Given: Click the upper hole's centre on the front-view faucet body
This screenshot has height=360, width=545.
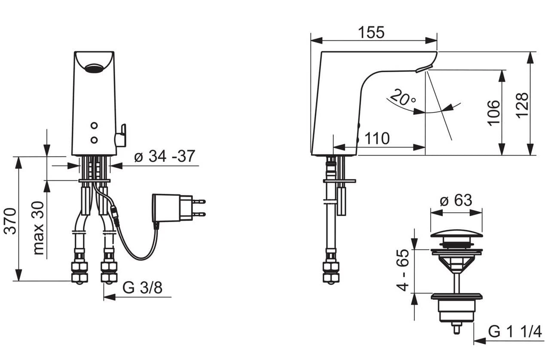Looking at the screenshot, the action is [x=94, y=125].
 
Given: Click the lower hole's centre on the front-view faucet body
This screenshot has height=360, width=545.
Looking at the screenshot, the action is [x=94, y=140].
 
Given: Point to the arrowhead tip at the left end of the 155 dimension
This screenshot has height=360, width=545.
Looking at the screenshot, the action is [x=311, y=40].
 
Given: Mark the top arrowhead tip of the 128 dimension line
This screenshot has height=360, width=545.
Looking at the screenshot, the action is [x=530, y=52].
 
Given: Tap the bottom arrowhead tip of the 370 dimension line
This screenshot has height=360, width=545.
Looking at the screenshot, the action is [x=18, y=281].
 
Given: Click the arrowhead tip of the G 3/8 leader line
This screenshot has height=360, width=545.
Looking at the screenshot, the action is [x=104, y=297].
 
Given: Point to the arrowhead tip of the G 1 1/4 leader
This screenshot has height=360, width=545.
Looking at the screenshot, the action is [x=474, y=341].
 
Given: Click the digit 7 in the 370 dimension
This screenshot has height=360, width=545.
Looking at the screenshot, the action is [x=10, y=221].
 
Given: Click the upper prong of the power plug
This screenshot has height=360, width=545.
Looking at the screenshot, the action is [x=199, y=201].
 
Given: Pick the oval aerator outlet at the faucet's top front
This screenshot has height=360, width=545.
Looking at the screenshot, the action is [x=94, y=68].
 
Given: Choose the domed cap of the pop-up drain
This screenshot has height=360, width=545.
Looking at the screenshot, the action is [x=456, y=234].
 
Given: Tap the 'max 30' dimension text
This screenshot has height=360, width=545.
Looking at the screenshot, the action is [x=39, y=228].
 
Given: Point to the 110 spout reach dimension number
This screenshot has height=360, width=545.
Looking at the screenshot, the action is [x=377, y=138].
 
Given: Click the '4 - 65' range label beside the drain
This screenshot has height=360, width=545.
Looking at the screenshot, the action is [x=403, y=270].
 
